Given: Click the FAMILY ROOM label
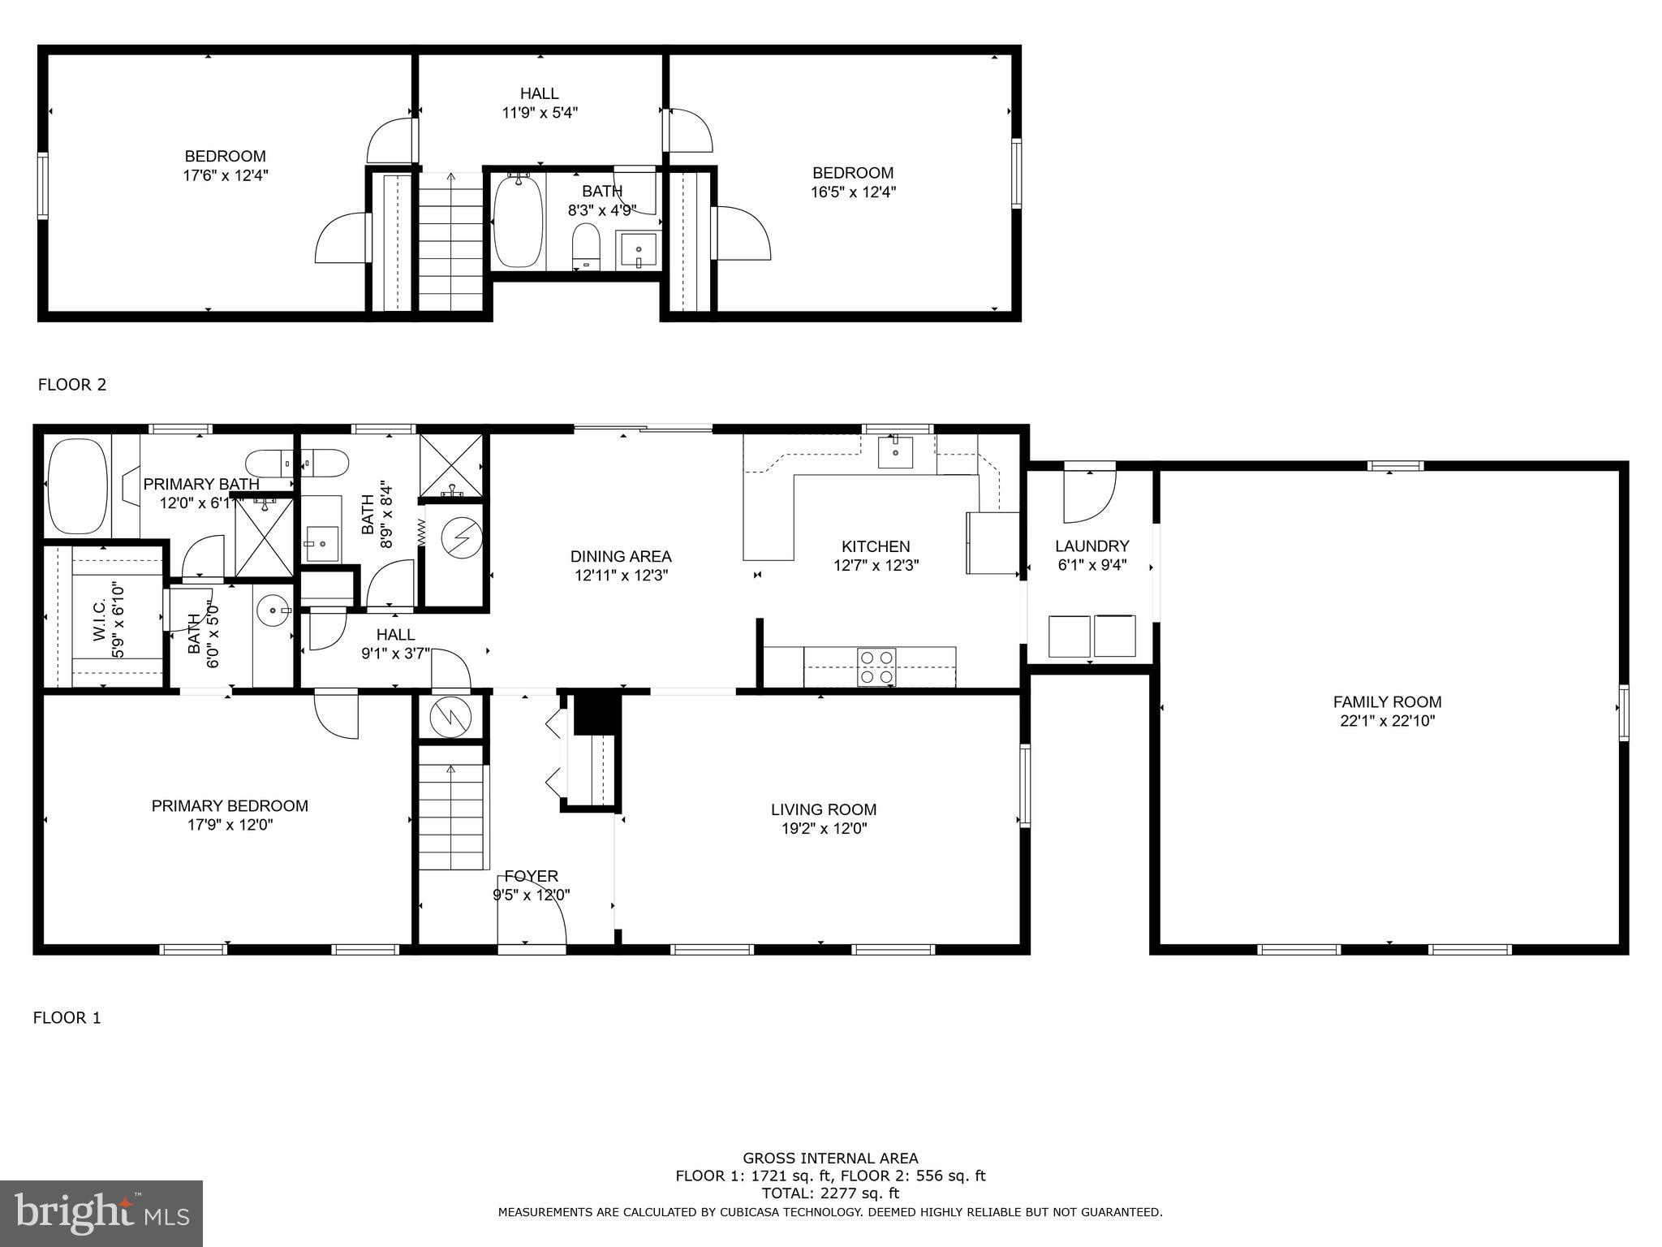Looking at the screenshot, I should click(x=1387, y=702).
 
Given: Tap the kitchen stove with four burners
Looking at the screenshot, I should click(x=877, y=667).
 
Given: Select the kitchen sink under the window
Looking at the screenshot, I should click(x=895, y=452).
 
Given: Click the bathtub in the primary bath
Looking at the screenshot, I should click(x=78, y=486).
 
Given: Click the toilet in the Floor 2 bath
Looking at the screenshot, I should click(x=585, y=244).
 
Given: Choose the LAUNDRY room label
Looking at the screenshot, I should click(x=1091, y=546).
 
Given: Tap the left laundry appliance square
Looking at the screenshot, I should click(x=1069, y=636).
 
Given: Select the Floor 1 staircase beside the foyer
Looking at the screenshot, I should click(x=451, y=816).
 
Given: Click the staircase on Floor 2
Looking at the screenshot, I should click(x=450, y=244).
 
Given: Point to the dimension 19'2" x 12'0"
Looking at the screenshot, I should click(x=823, y=829).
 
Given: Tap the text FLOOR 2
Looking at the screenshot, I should click(x=72, y=385).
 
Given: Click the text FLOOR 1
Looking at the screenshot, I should click(x=67, y=1018).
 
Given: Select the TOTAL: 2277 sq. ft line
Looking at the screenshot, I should click(x=829, y=1193).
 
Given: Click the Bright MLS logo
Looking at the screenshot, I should click(x=101, y=1213).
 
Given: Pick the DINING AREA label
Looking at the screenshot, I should click(x=621, y=557).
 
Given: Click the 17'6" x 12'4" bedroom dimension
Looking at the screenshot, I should click(x=225, y=175).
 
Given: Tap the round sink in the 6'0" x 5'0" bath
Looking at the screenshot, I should click(x=273, y=609).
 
